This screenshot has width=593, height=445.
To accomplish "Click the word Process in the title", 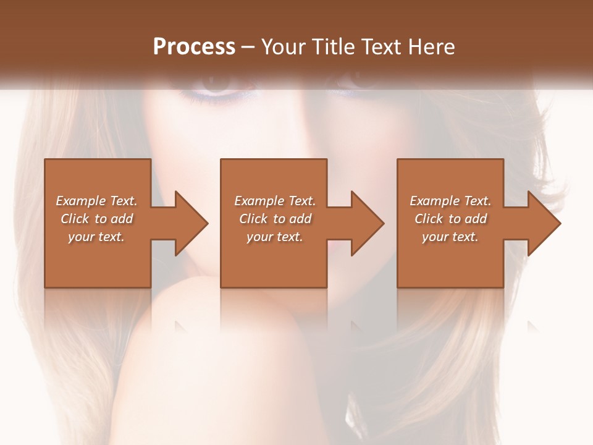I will click(x=194, y=47).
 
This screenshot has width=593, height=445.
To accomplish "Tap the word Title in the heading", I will click(x=334, y=47).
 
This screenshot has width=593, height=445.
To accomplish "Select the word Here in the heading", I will click(x=431, y=47).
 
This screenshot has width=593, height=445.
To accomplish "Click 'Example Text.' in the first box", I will click(x=96, y=201).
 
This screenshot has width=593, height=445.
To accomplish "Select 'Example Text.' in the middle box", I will click(x=275, y=201).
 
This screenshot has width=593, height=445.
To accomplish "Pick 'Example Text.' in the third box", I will click(x=450, y=201).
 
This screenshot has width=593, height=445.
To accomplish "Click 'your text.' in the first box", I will click(x=96, y=237).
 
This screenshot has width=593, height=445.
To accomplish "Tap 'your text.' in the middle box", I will click(x=275, y=237).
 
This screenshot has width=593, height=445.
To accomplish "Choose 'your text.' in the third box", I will click(x=450, y=237).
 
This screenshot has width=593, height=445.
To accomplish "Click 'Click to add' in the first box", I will click(x=96, y=219).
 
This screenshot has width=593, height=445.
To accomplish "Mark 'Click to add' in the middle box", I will click(x=275, y=219).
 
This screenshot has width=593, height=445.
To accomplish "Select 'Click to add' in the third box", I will click(x=450, y=219).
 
